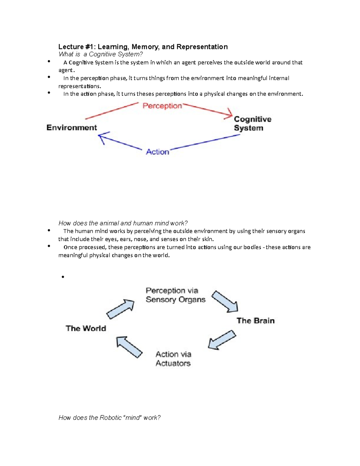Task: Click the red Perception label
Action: pos(162,106)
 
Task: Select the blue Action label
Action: pos(157,152)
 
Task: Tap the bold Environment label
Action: pos(72,128)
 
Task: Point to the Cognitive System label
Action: pos(252,124)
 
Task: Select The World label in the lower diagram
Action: pos(86,328)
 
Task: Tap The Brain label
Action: pos(256,321)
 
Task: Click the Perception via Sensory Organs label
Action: pos(175,295)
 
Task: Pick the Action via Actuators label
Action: pos(173,359)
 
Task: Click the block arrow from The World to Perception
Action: pos(121,309)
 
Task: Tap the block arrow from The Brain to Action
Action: pos(222,340)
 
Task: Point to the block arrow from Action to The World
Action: pos(129,347)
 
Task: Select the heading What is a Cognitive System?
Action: pos(101,54)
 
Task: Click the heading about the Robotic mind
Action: pos(109,418)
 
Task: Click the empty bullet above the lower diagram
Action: pos(63,277)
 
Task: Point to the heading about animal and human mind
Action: pos(123,223)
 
